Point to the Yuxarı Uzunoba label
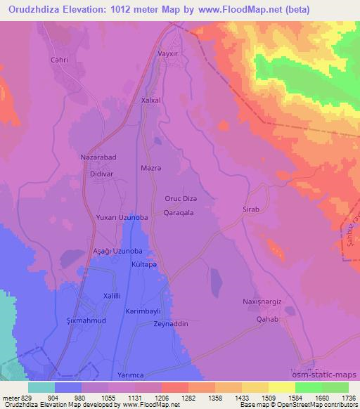122,218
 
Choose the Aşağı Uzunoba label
118,251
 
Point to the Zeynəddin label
172,324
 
